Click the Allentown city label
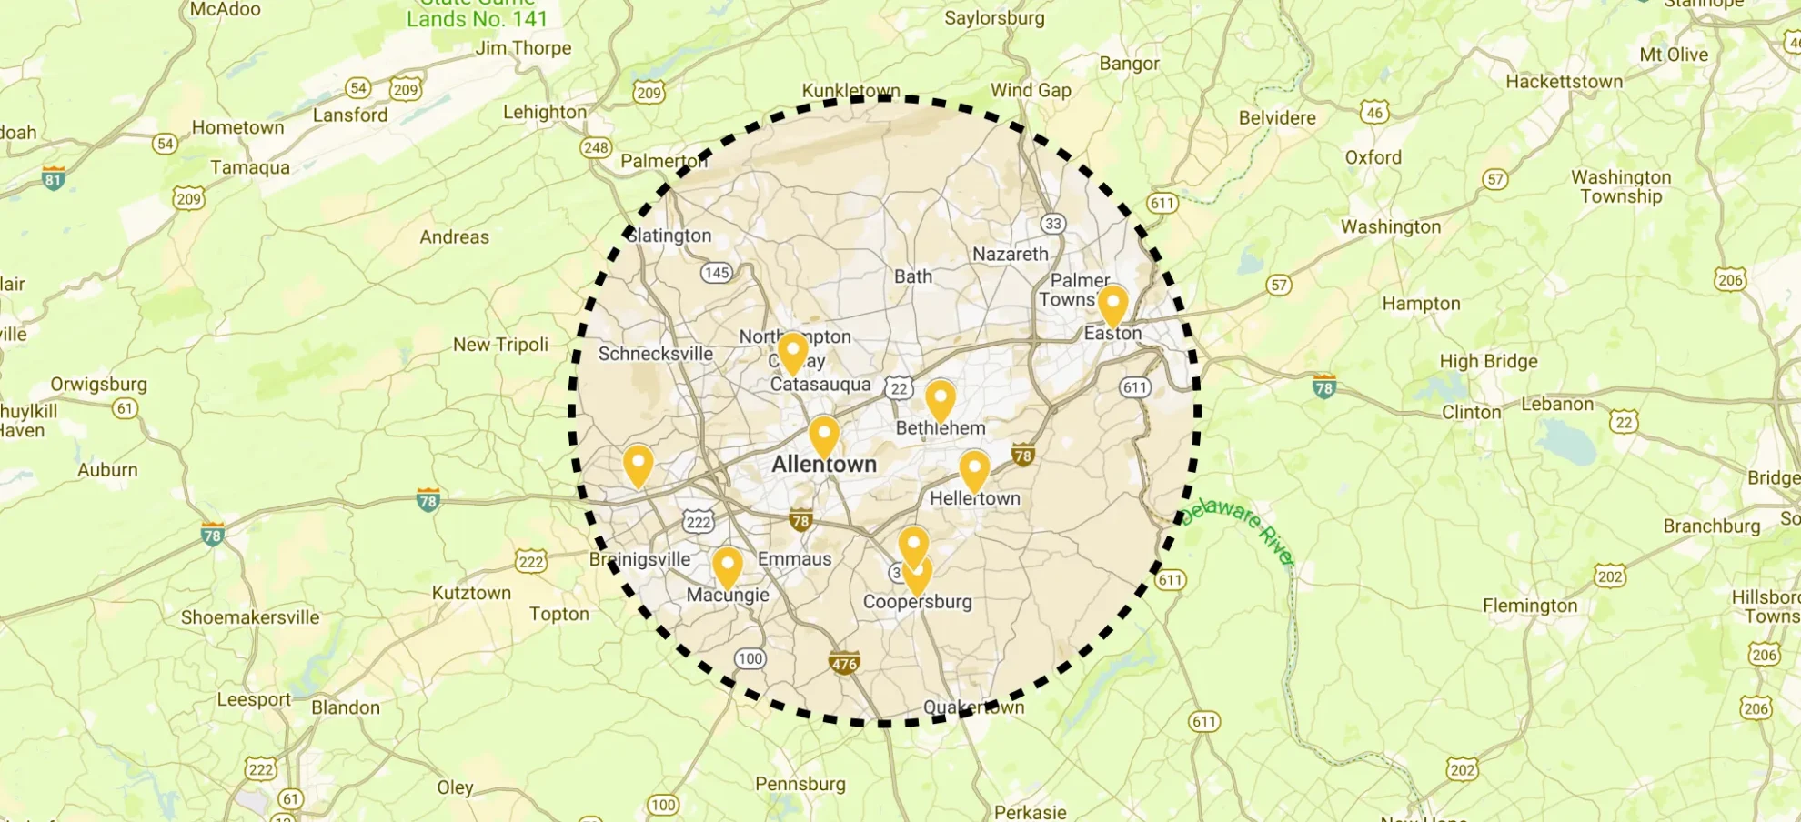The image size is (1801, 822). (x=824, y=465)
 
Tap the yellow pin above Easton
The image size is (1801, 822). (x=1112, y=305)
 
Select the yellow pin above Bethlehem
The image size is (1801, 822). (x=940, y=400)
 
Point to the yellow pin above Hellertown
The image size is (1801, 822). (x=974, y=470)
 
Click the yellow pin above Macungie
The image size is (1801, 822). (x=727, y=566)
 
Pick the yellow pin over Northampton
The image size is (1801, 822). (x=793, y=352)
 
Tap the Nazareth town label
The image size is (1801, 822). (x=1010, y=255)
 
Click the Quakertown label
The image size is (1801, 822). (x=973, y=707)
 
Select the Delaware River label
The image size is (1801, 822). (x=1238, y=529)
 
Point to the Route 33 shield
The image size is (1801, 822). (x=1052, y=224)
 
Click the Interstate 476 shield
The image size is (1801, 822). (x=844, y=663)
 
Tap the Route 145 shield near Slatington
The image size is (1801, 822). (x=717, y=273)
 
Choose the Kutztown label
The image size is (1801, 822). (x=471, y=593)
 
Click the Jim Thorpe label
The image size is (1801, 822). (x=523, y=48)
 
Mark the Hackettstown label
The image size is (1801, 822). (x=1564, y=82)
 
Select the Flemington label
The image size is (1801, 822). (x=1530, y=606)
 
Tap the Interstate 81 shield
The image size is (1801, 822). (x=54, y=178)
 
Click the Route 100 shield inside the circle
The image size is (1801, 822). (x=750, y=659)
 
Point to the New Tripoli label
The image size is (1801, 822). (x=500, y=345)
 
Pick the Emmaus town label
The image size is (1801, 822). (x=794, y=559)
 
